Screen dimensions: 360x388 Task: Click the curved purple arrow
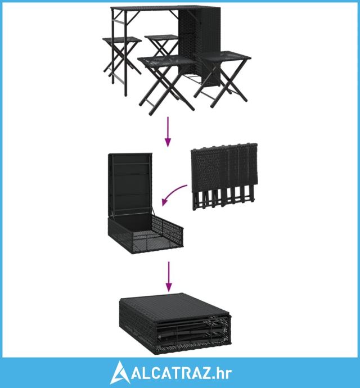(173, 193)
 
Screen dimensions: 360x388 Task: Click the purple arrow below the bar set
(168, 132)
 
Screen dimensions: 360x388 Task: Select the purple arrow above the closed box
(169, 277)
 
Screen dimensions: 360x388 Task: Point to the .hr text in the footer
(222, 373)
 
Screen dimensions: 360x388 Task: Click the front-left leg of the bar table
(125, 53)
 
